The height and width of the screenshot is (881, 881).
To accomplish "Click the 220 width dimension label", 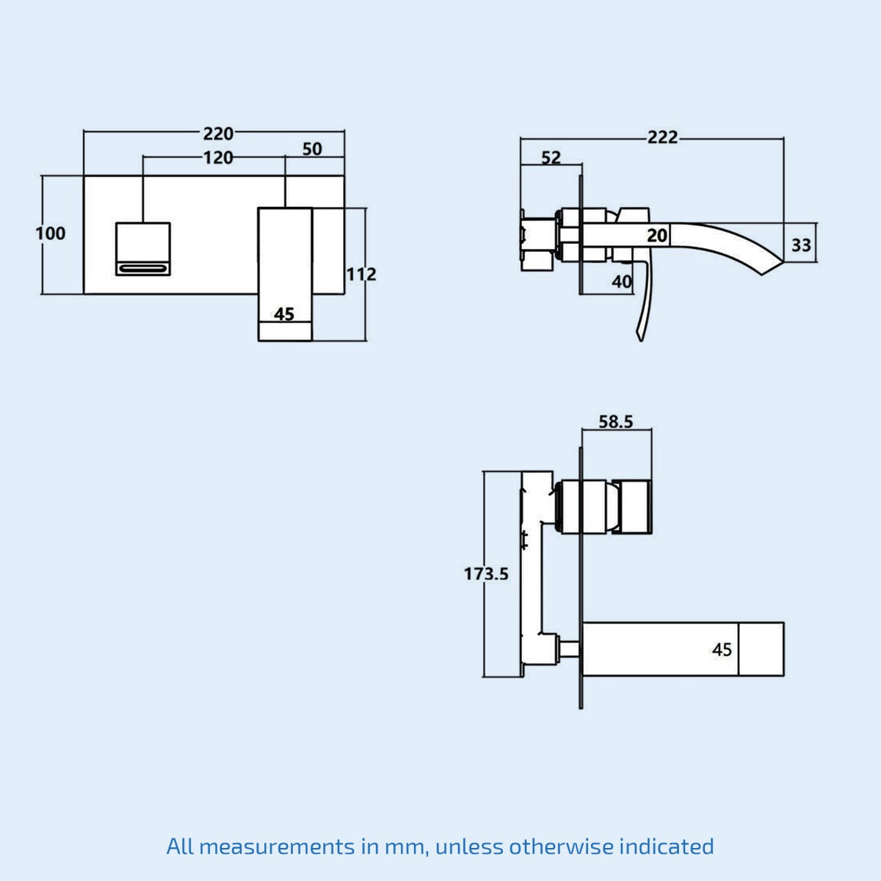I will (218, 134).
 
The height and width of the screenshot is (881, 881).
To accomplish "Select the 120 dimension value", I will (218, 158).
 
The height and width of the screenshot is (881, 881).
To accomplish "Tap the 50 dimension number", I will (312, 149).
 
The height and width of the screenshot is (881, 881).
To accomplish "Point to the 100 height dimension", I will (51, 233).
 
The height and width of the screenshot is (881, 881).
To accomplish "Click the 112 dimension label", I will (361, 274).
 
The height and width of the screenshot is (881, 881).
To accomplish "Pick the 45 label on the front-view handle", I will (284, 314).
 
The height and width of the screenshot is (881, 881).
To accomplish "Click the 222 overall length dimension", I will (662, 137).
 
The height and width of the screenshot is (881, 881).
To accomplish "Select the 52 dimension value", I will (551, 158).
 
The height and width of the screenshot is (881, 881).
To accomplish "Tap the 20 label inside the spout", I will (657, 236).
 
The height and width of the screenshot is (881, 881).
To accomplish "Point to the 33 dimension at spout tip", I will (801, 244).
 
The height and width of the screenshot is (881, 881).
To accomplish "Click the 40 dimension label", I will (621, 281).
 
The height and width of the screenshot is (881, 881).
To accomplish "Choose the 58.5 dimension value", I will (615, 421).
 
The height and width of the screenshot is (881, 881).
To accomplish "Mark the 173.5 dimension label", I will (486, 573).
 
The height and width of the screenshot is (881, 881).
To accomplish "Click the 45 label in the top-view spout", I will (722, 650).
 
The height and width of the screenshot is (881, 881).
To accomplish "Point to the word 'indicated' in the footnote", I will (666, 846).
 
